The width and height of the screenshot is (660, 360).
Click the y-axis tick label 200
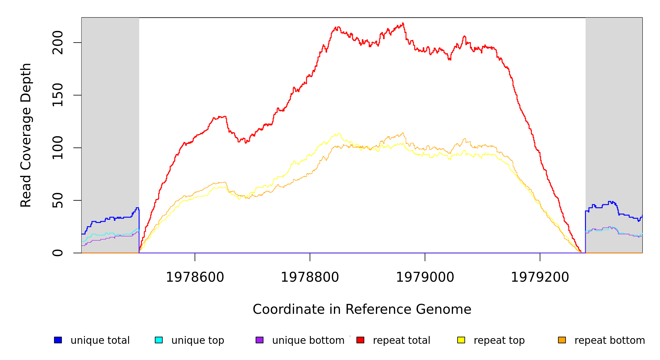[x=58, y=43]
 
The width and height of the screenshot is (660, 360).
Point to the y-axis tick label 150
[x=58, y=95]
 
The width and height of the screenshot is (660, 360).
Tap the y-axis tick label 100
[x=58, y=148]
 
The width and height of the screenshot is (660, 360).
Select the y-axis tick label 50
[x=58, y=200]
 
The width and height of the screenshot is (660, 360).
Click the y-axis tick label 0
[x=58, y=253]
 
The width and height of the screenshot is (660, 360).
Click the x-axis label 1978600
[x=195, y=277]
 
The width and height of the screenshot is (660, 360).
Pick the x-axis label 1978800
[x=310, y=277]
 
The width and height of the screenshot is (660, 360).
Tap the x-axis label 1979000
[x=425, y=277]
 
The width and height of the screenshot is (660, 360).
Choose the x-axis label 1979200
[x=540, y=277]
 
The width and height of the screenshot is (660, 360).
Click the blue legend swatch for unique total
[x=58, y=340]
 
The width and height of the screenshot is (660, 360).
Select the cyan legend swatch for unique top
[x=159, y=340]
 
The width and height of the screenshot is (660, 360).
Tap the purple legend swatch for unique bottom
[x=259, y=340]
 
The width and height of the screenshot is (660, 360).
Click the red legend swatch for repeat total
[x=360, y=340]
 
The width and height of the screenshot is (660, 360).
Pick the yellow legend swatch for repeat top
[x=461, y=340]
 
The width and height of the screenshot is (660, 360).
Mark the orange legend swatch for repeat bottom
[x=562, y=340]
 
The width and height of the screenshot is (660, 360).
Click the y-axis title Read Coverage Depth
[x=26, y=135]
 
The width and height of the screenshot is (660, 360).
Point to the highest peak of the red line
[x=403, y=23]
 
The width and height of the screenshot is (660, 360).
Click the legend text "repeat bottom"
[x=610, y=340]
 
